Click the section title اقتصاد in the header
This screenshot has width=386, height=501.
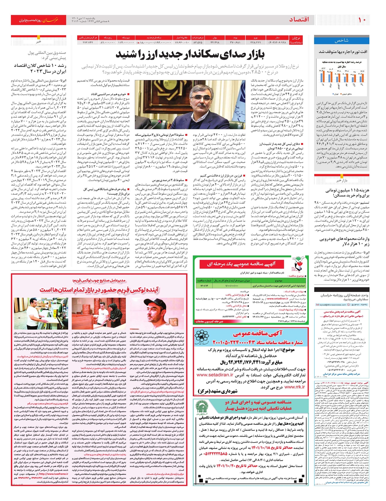[x=299, y=20]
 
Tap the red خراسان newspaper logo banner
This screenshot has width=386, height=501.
[x=39, y=20]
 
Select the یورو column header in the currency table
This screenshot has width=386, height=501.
[x=256, y=38]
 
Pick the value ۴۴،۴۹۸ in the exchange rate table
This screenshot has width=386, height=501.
[x=215, y=42]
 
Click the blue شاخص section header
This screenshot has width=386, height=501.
[x=341, y=41]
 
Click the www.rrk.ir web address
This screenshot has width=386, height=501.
[x=295, y=387]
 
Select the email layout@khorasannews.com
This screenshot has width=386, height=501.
[x=335, y=305]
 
